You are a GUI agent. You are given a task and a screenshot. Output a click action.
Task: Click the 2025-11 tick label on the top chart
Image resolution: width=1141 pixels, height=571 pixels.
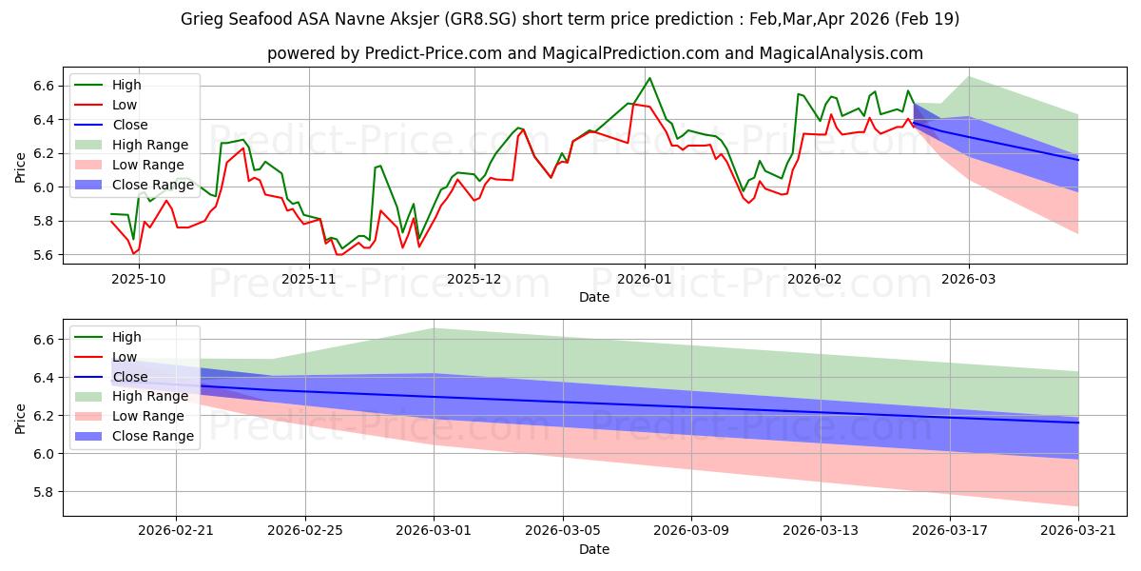pos(309,280)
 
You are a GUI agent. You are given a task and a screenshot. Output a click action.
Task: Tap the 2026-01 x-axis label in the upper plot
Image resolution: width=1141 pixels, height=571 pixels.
pos(645,280)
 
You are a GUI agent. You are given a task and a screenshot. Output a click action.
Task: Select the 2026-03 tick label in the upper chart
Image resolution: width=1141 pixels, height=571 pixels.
pos(968,280)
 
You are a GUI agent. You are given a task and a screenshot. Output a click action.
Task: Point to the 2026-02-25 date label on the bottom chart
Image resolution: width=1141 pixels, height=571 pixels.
pos(305,531)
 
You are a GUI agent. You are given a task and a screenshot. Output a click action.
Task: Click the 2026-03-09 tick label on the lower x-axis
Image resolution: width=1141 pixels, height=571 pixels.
pos(691,531)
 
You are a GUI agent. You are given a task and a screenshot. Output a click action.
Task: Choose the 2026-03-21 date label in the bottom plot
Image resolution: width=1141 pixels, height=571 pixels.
pos(1078,531)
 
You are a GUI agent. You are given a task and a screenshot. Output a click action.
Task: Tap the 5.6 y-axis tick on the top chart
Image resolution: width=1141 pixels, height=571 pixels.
pos(44,255)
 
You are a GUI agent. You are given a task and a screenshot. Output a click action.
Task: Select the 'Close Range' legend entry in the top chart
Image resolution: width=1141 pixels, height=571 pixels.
pos(134,185)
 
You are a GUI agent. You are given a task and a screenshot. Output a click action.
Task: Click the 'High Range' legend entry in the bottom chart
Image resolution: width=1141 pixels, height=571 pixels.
pos(131,396)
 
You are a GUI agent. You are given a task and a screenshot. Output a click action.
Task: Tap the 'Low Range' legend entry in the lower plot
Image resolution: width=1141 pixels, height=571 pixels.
pos(129,416)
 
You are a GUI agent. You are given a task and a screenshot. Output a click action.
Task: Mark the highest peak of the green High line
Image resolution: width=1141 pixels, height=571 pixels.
pos(649,78)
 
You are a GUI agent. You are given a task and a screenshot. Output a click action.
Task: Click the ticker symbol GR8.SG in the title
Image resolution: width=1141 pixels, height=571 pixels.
pos(480,19)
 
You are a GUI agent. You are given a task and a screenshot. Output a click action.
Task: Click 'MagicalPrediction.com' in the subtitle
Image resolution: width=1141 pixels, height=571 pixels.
pos(630,53)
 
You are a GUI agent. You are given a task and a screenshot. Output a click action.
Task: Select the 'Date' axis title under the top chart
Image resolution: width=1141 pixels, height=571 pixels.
pos(594,297)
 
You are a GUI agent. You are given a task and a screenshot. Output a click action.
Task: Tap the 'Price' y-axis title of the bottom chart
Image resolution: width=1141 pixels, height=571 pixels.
pos(20,419)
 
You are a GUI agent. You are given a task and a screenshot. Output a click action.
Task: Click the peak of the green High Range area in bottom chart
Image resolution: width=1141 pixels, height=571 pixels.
pos(434,329)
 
